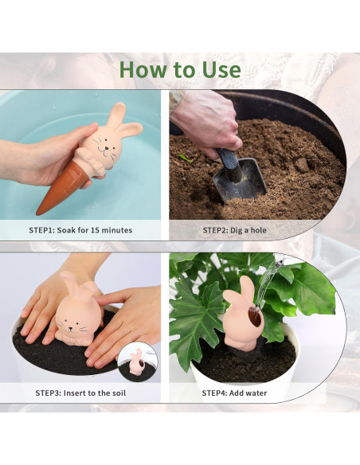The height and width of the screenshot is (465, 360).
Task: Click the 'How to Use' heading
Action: coord(180,69)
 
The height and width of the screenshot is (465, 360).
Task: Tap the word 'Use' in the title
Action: coord(221,69)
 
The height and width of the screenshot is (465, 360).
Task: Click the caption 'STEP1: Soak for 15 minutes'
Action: coord(80,230)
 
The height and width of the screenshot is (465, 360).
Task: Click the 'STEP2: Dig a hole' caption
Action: coord(234,230)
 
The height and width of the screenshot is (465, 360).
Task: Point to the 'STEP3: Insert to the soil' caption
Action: coord(80,393)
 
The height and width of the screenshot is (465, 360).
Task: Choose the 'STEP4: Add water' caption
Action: coord(234,393)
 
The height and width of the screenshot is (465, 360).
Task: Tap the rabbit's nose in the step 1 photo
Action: coord(106,147)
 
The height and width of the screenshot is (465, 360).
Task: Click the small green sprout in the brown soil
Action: coord(186,158)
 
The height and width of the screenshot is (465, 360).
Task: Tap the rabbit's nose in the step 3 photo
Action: coord(71,328)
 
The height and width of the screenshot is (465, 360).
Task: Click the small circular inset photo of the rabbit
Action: coord(138,361)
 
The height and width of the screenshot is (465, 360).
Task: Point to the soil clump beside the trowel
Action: coord(303,165)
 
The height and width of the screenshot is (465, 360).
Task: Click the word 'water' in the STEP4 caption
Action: coord(256,393)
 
